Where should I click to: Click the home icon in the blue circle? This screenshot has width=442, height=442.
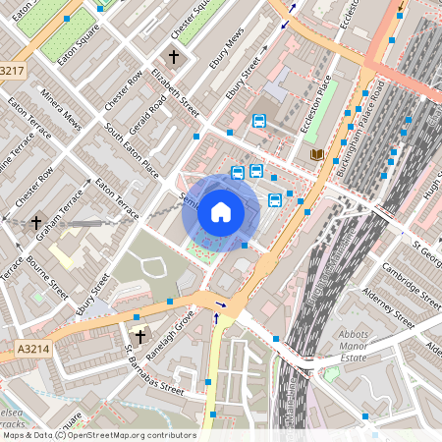pyautogui.click(x=221, y=211)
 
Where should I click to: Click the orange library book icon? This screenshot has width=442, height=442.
pyautogui.click(x=316, y=154)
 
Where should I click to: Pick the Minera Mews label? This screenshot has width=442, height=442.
pyautogui.click(x=61, y=110)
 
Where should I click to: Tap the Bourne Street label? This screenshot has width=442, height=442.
pyautogui.click(x=46, y=278)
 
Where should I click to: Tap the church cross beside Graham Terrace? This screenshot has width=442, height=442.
pyautogui.click(x=36, y=223)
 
